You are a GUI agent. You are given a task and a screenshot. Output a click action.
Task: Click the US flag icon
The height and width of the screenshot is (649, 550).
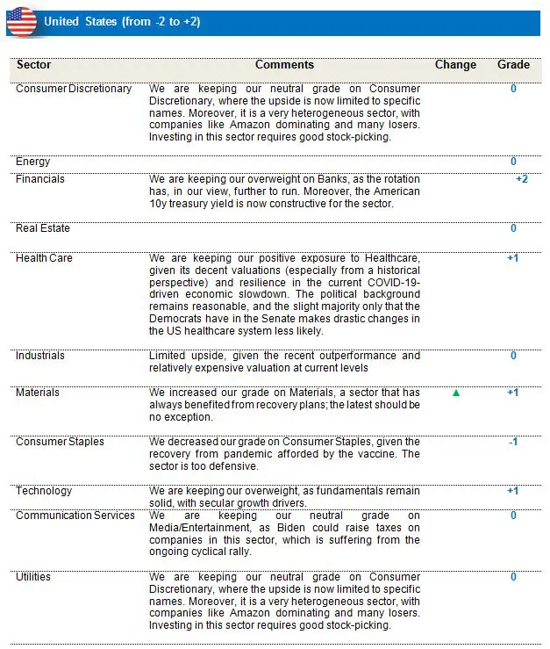coord(22,22)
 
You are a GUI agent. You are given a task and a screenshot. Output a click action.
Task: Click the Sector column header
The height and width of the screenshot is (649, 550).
coord(34,65)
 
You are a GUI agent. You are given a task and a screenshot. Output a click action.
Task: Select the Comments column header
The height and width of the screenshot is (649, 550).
coord(284,65)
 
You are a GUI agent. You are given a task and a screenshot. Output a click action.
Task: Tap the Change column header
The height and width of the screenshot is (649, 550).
coord(455,65)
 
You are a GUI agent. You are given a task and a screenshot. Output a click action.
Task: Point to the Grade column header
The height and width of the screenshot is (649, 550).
coord(513,65)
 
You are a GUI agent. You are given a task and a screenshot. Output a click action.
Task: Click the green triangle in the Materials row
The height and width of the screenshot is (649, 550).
coord(456,393)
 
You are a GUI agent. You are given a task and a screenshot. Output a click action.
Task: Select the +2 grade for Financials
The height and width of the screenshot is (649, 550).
coord(521,179)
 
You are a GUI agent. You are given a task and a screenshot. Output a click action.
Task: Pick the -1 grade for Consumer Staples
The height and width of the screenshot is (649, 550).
coord(513,442)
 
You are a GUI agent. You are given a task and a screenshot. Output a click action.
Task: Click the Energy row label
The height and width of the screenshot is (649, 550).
coord(33,162)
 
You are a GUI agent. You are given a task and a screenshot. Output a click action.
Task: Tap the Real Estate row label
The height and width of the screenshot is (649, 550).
coord(43,228)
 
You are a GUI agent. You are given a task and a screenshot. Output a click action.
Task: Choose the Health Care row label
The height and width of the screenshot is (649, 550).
coord(45,258)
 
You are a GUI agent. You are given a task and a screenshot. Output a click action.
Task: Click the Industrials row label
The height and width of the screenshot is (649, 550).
coord(40,356)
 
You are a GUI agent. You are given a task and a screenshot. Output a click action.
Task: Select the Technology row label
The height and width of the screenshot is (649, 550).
coord(44,491)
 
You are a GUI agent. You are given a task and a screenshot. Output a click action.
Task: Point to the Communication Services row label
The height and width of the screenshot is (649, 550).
coord(75,516)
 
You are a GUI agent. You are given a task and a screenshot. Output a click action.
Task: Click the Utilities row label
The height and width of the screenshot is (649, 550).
coord(33,577)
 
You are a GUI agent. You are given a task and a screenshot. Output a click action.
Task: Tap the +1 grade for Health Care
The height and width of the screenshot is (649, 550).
coord(513,258)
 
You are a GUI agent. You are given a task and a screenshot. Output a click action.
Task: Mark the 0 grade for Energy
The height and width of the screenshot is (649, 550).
coord(513,162)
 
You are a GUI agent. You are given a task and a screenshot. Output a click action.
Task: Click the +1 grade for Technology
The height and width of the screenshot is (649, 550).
coord(513,491)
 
